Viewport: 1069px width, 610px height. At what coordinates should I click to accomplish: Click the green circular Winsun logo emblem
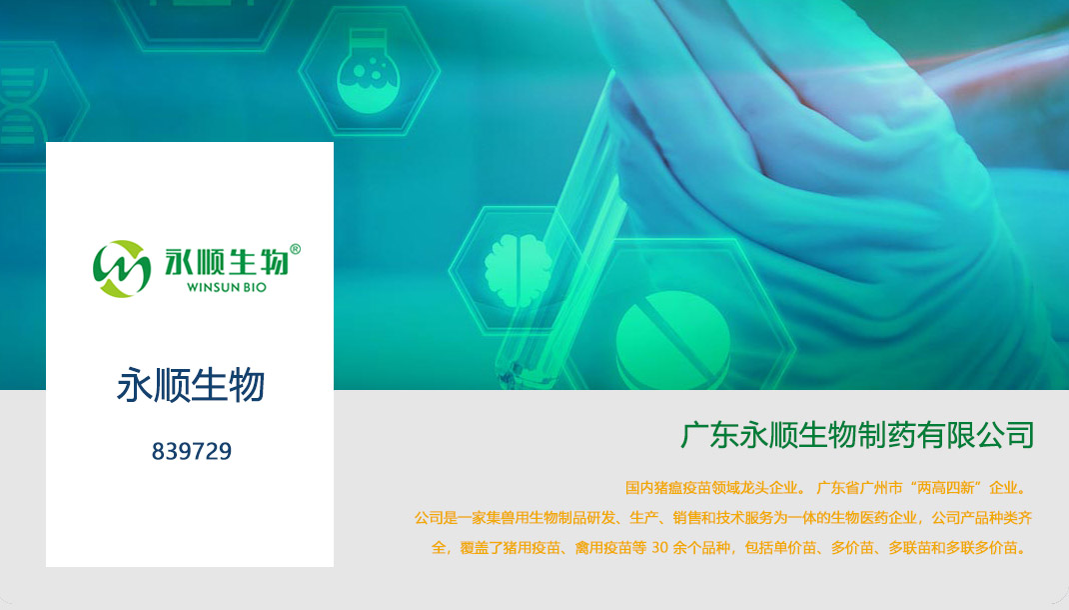coord(122,268)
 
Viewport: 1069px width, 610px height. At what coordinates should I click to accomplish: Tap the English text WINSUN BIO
coord(227,287)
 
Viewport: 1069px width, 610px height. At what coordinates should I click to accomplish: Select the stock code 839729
coord(192,452)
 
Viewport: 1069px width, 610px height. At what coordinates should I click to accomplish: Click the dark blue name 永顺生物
coord(191,385)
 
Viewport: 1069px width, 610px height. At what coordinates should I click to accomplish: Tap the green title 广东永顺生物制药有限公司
coord(857,436)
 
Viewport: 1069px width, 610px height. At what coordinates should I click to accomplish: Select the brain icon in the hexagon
coord(517,266)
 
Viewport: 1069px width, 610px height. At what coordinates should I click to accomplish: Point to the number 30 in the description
coord(660,548)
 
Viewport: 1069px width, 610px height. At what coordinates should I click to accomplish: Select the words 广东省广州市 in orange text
coord(858,488)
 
